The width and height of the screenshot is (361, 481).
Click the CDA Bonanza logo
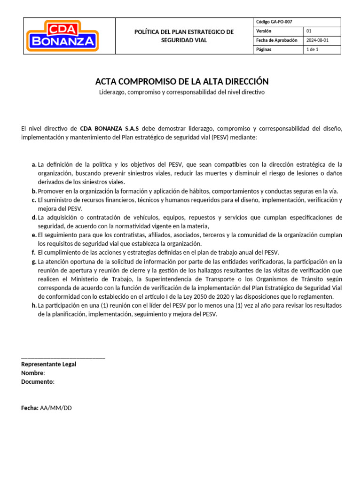point(63,35)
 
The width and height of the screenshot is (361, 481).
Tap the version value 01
point(309,31)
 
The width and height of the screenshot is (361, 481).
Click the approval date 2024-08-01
point(317,40)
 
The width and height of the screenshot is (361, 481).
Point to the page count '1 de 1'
point(313,49)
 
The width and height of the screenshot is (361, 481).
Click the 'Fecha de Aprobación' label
point(276,40)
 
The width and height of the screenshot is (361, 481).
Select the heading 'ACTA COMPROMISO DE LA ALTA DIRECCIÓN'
point(182,81)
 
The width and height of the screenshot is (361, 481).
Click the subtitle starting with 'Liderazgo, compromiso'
point(182,92)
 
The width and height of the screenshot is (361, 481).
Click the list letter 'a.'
point(34,164)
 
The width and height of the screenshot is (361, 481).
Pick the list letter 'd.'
point(34,217)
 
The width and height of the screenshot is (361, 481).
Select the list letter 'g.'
point(34,262)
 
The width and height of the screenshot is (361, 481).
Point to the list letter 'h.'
point(34,305)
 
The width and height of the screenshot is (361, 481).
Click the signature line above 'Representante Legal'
point(63,358)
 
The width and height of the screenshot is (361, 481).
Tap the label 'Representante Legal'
point(48,364)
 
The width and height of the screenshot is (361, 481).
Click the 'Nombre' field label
point(32,373)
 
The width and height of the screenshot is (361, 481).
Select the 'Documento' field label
point(37,382)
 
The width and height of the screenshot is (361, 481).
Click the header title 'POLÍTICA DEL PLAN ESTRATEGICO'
point(184,32)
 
